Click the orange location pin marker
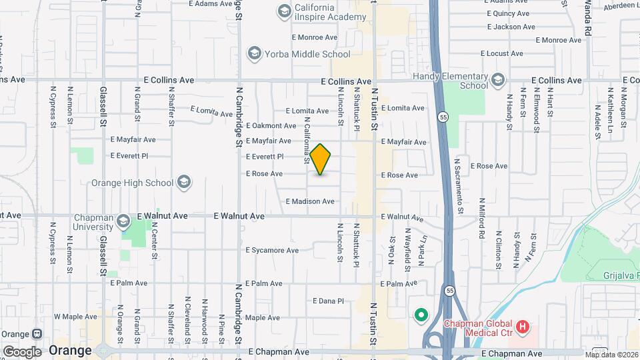tap(321, 159)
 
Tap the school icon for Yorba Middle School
tap(253, 53)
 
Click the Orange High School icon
tap(184, 183)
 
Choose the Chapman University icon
tap(123, 221)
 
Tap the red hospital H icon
tap(523, 327)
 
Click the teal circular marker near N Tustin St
tap(421, 315)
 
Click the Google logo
tap(22, 351)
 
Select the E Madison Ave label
tap(310, 201)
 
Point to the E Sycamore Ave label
tap(272, 251)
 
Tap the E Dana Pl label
tap(328, 301)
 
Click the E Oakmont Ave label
tap(271, 125)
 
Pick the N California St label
tap(307, 141)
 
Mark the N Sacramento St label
tap(459, 186)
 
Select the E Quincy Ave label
tap(508, 13)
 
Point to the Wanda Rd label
tap(587, 18)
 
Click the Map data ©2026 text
tap(611, 354)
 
